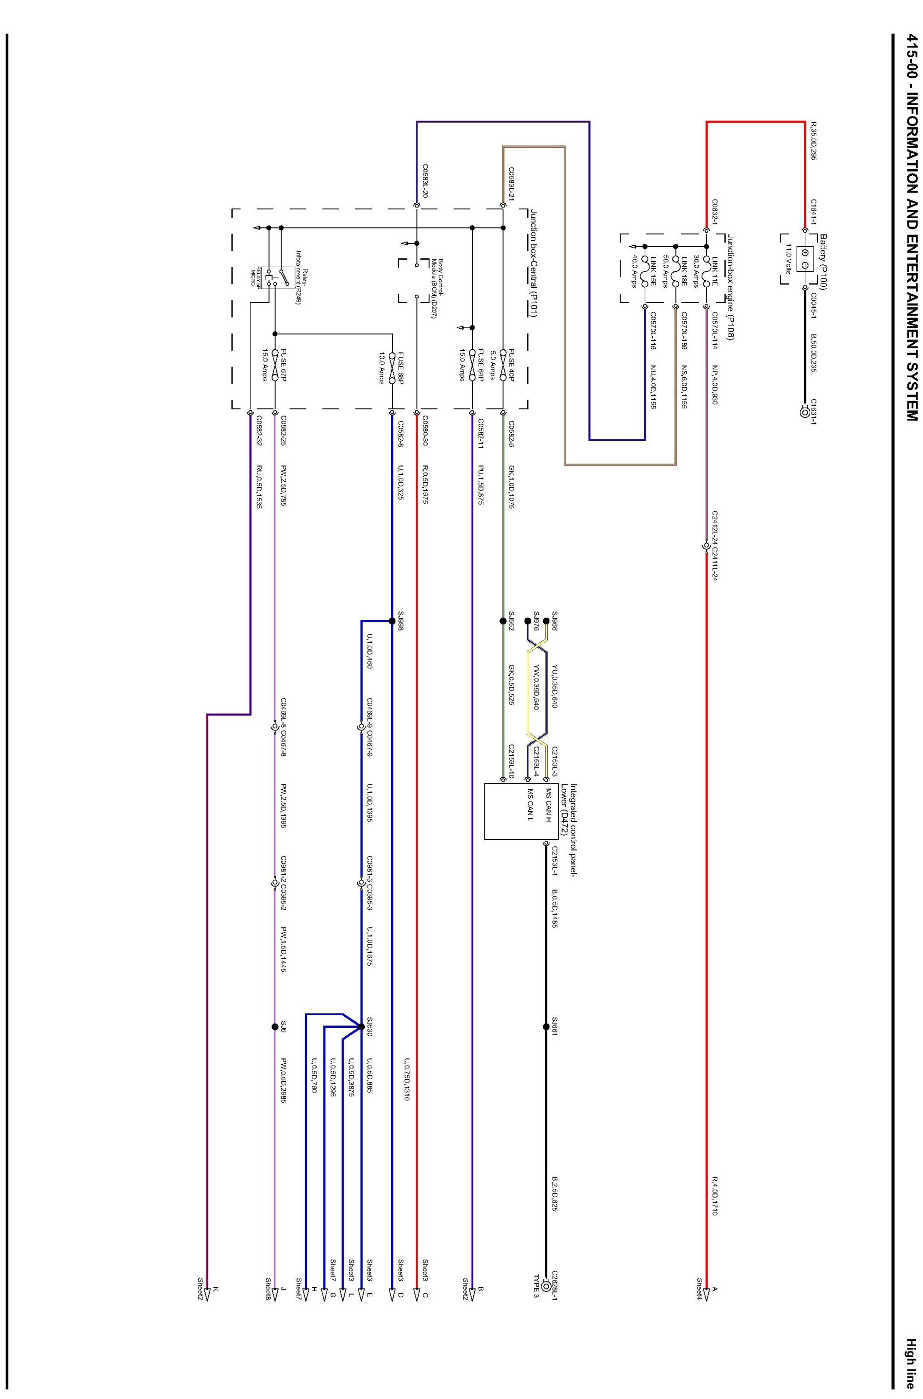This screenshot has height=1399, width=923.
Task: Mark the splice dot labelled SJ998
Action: [x=392, y=621]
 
